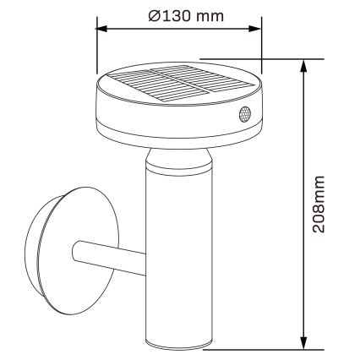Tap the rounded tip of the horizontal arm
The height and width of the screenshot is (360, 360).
pyautogui.click(x=77, y=252)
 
